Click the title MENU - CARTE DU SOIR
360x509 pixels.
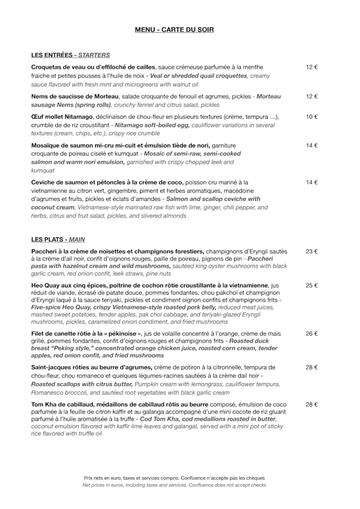point(174,30)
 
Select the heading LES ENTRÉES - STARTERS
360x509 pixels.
point(70,55)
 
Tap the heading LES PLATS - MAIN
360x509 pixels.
point(58,240)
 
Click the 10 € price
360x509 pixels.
point(312,117)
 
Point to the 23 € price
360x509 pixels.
point(312,251)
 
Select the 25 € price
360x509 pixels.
point(312,286)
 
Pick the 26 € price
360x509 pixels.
point(312,334)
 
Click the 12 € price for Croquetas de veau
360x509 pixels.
point(312,67)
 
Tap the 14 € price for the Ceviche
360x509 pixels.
point(312,182)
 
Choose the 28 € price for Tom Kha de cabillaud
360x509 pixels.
point(312,404)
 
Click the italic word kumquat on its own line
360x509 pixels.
point(43,170)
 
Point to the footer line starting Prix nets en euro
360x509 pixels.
point(174,478)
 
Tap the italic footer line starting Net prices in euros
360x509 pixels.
point(174,485)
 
